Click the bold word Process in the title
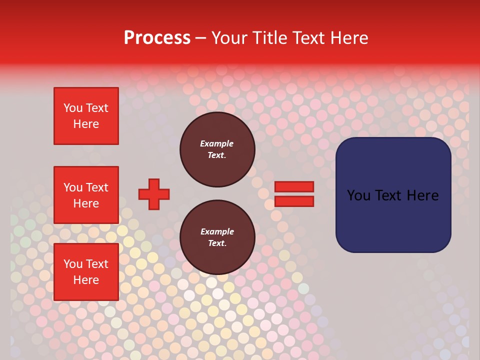[x=157, y=38]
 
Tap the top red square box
[x=86, y=116]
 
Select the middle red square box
[x=86, y=195]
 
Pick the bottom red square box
[x=86, y=272]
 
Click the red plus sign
[x=154, y=194]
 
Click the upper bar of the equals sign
[x=294, y=186]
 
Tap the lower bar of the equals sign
[x=294, y=201]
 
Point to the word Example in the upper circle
[x=216, y=143]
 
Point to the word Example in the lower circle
[x=217, y=231]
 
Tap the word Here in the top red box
[x=86, y=124]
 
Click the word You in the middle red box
[x=72, y=187]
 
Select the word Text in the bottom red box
[x=97, y=264]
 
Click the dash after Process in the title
[x=200, y=38]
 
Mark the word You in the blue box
[x=358, y=195]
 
